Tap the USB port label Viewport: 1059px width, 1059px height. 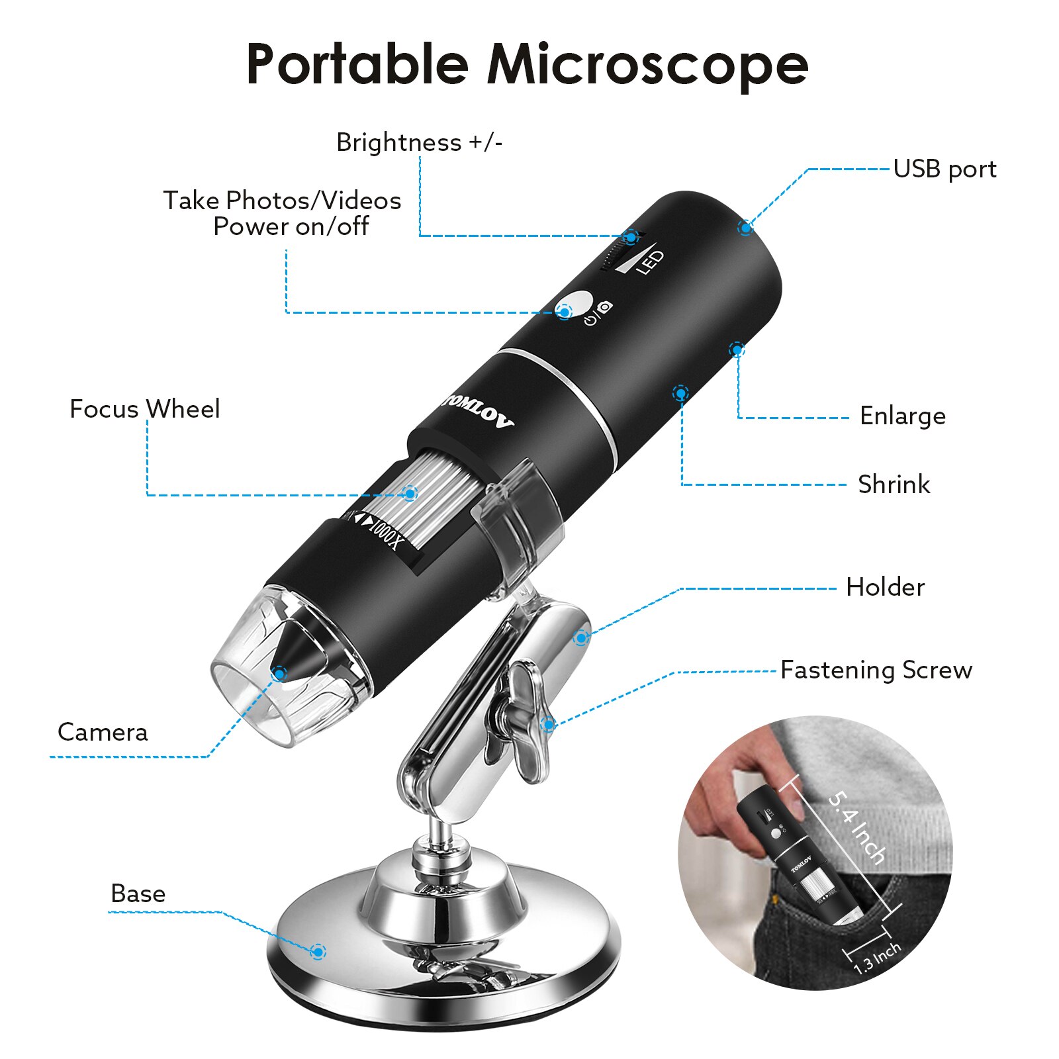click(944, 169)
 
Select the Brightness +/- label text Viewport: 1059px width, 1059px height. click(419, 142)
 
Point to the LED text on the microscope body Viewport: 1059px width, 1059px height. click(649, 262)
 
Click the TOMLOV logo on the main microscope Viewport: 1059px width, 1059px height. click(478, 411)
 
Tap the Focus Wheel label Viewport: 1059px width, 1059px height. click(144, 409)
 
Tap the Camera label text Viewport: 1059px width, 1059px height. click(103, 732)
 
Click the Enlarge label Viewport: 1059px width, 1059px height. click(902, 416)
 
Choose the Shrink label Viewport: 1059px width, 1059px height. click(894, 484)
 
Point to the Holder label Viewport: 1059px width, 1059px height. click(885, 587)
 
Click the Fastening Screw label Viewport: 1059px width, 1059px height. click(876, 670)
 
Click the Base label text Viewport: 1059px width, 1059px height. click(138, 894)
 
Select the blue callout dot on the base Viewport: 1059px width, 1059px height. click(318, 952)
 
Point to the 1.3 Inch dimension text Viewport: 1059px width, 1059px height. click(877, 958)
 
